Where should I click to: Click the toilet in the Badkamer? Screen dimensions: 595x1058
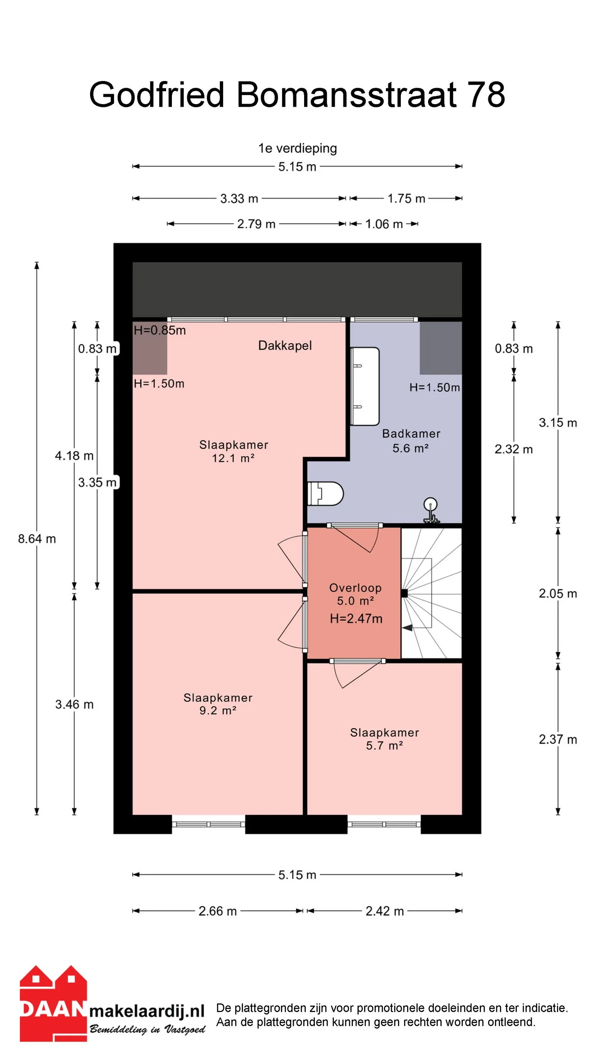(326, 493)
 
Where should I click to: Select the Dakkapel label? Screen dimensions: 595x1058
(285, 346)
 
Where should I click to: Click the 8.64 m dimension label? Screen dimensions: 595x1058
(37, 539)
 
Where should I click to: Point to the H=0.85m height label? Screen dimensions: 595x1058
(159, 330)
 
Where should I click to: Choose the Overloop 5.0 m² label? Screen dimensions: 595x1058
(355, 594)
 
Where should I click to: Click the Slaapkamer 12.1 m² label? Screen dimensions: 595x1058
(233, 451)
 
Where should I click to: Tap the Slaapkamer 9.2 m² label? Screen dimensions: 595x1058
(218, 704)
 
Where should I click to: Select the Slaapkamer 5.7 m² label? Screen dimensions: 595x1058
(384, 739)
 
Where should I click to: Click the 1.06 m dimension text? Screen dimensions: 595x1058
(384, 224)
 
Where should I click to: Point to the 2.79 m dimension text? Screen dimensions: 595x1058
(256, 224)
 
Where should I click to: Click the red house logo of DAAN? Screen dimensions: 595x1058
(53, 1003)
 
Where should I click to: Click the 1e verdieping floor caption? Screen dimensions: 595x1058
(297, 148)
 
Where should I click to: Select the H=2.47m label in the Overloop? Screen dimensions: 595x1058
(356, 618)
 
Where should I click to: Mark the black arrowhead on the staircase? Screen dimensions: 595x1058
(407, 628)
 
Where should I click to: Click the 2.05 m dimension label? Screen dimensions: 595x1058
(558, 593)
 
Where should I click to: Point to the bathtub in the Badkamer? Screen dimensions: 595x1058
(365, 386)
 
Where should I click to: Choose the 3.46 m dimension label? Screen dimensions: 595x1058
(74, 704)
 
